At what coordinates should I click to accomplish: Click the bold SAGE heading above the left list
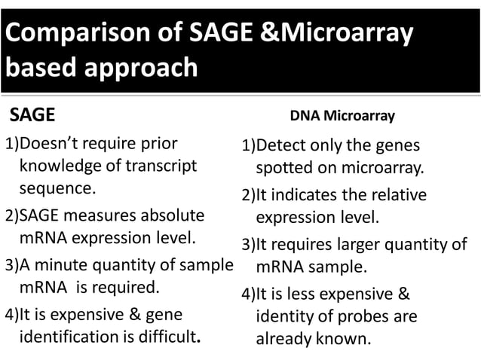32,115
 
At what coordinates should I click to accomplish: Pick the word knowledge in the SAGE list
63,165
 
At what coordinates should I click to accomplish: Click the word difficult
170,335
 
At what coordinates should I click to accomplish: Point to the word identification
71,335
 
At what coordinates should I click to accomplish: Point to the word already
283,338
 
